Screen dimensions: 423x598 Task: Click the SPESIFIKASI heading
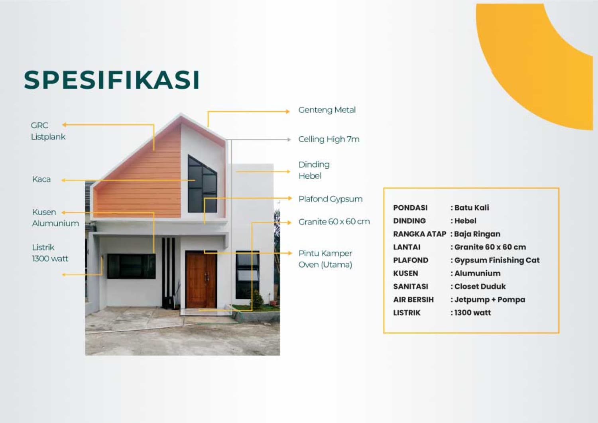pyautogui.click(x=112, y=80)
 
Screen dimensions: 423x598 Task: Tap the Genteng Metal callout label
pyautogui.click(x=327, y=110)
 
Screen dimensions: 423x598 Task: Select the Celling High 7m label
pyautogui.click(x=329, y=139)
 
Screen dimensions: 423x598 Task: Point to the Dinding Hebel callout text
pyautogui.click(x=314, y=170)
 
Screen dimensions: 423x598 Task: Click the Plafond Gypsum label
pyautogui.click(x=330, y=199)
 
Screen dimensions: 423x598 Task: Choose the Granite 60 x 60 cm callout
pyautogui.click(x=334, y=222)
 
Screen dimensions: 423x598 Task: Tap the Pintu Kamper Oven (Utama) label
pyautogui.click(x=325, y=259)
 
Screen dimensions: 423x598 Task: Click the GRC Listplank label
pyautogui.click(x=48, y=131)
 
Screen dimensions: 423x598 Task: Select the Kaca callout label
pyautogui.click(x=41, y=179)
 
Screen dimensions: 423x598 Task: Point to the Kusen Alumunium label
pyautogui.click(x=55, y=218)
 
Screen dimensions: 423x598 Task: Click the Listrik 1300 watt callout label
pyautogui.click(x=50, y=253)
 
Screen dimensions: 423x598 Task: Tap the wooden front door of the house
pyautogui.click(x=201, y=280)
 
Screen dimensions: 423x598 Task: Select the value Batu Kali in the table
pyautogui.click(x=472, y=208)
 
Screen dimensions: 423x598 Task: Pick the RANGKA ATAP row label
pyautogui.click(x=419, y=234)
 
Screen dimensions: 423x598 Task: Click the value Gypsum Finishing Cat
pyautogui.click(x=497, y=260)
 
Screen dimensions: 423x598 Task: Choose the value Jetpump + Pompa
pyautogui.click(x=490, y=300)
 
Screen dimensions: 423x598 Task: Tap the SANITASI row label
pyautogui.click(x=411, y=287)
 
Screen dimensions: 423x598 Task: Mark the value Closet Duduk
pyautogui.click(x=480, y=287)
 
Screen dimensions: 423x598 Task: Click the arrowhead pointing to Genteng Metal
pyautogui.click(x=287, y=112)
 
